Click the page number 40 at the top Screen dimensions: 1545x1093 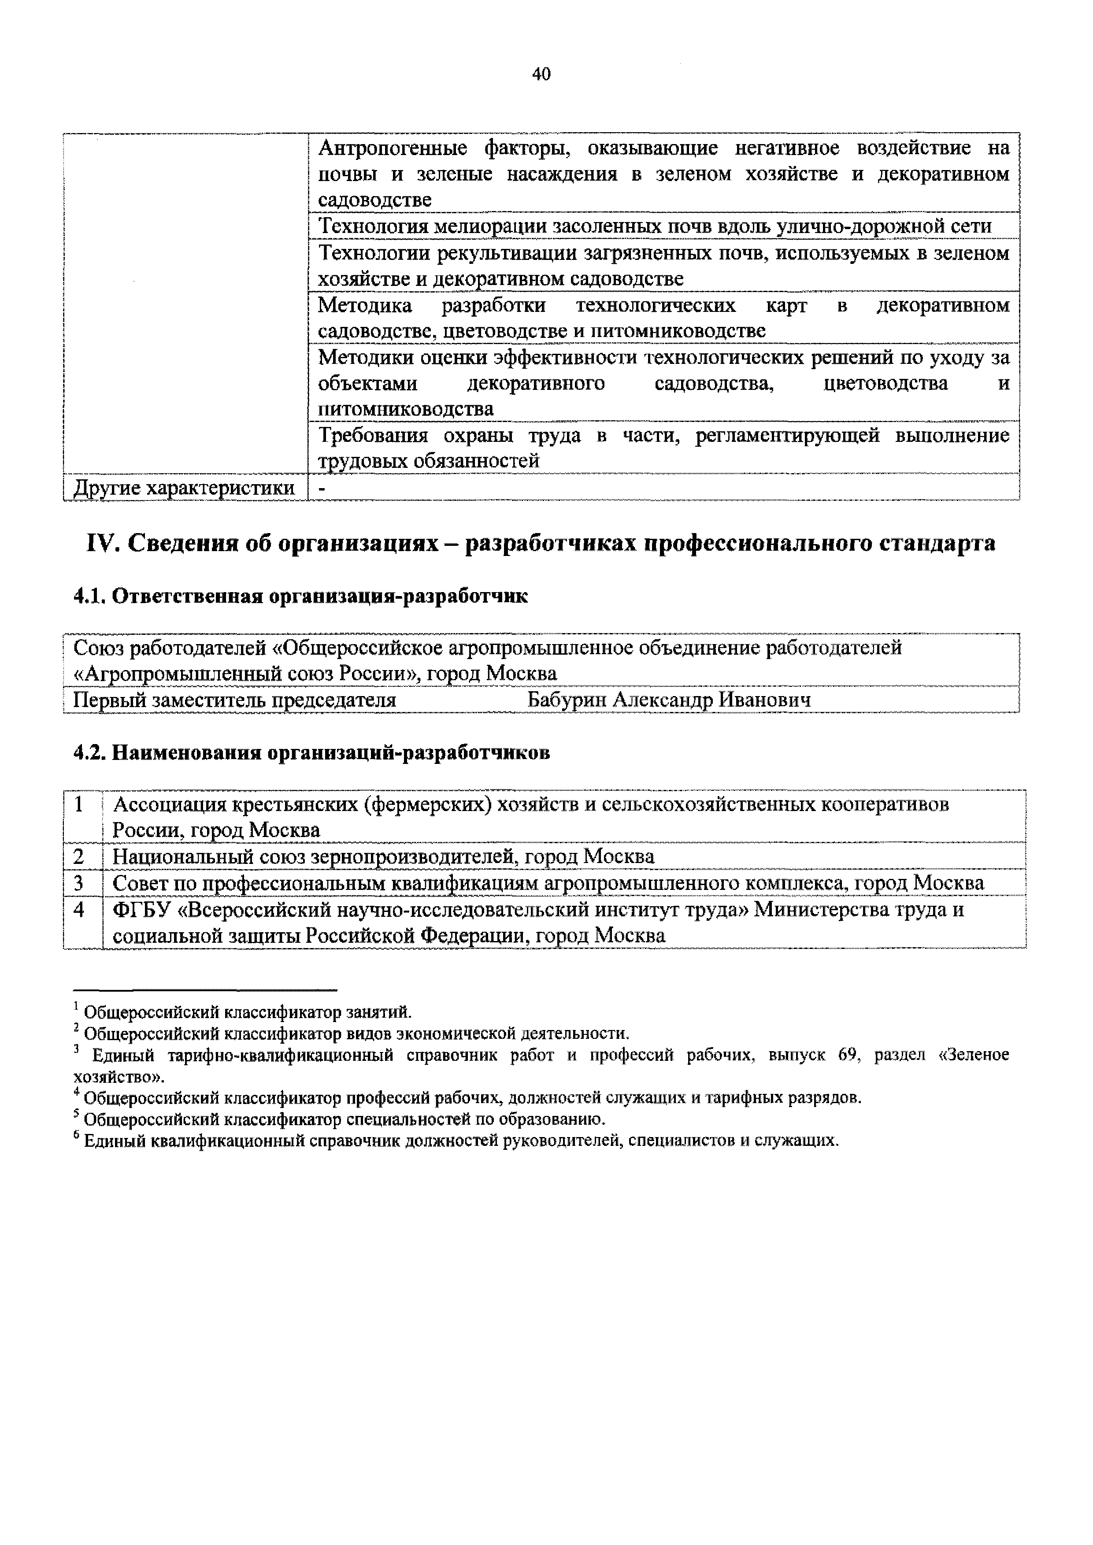tap(541, 74)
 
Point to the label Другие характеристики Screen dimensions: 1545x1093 tap(184, 487)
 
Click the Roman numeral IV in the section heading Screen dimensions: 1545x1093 tap(102, 543)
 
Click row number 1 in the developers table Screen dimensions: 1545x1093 tap(79, 804)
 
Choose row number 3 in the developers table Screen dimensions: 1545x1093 tap(79, 883)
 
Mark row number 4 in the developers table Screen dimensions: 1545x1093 tap(79, 910)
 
